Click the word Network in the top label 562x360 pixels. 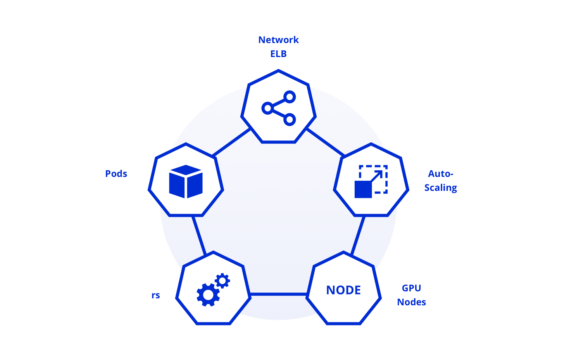[x=279, y=40]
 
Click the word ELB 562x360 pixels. [x=279, y=54]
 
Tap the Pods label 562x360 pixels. [x=116, y=174]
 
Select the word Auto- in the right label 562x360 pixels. [x=441, y=174]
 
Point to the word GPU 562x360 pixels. [x=412, y=288]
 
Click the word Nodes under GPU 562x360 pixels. [x=412, y=302]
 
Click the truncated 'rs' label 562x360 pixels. [x=155, y=296]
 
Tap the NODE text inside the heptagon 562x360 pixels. [x=343, y=290]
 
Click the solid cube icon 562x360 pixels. [x=186, y=182]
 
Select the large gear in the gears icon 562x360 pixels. [x=208, y=295]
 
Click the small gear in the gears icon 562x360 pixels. [x=222, y=281]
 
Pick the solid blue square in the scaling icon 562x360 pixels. [x=363, y=190]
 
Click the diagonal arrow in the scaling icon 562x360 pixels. [x=377, y=176]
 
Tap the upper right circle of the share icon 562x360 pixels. [x=290, y=97]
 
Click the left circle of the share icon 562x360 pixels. [x=268, y=108]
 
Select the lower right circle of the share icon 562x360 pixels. [x=290, y=119]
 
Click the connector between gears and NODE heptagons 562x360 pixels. [x=278, y=294]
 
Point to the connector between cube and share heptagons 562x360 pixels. [x=231, y=142]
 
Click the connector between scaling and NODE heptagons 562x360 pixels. [x=358, y=236]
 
